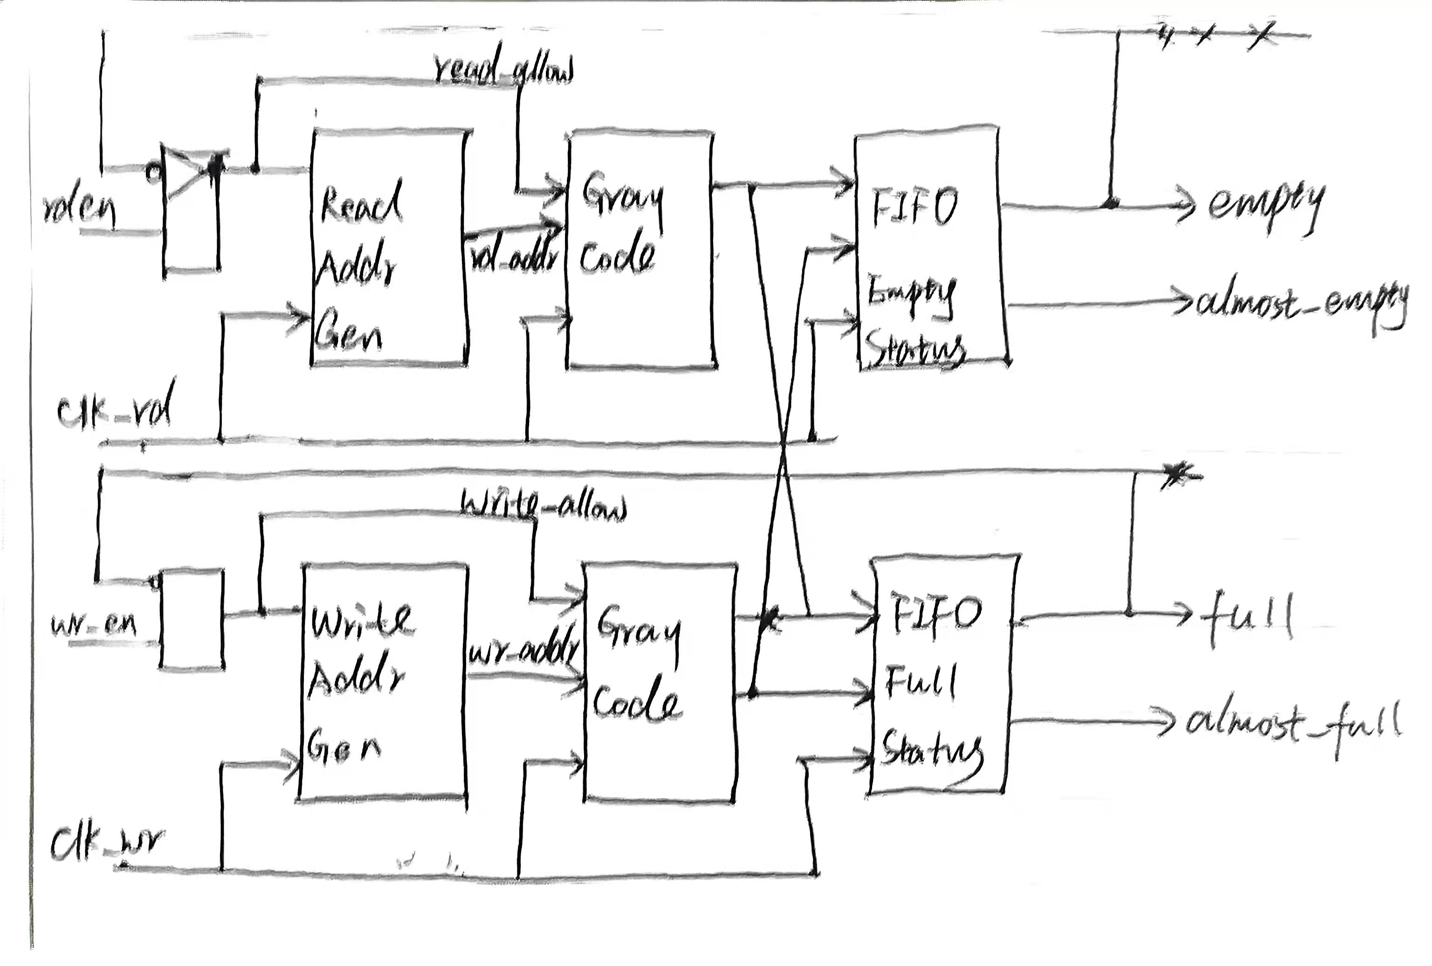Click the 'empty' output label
pos(1266,205)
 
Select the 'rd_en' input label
pos(80,211)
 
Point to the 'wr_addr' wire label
pos(524,650)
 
